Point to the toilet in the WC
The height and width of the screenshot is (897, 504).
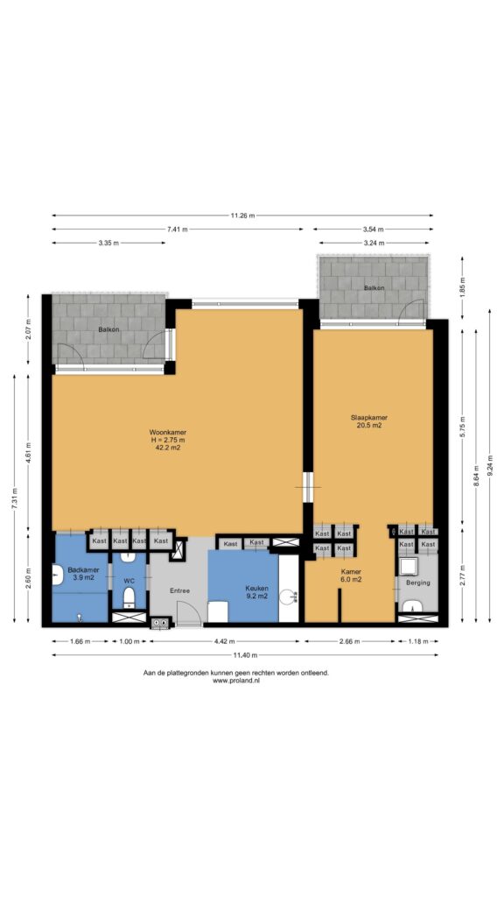129,597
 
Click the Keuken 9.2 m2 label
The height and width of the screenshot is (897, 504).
255,592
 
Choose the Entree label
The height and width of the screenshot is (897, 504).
178,590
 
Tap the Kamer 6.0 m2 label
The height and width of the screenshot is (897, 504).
350,575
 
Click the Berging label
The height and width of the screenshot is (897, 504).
417,583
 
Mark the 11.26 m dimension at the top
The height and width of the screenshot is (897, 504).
242,215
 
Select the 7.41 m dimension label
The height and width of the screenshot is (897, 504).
177,230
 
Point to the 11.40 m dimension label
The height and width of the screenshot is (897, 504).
245,655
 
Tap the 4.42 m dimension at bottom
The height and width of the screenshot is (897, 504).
224,641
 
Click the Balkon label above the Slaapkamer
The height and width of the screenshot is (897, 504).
374,287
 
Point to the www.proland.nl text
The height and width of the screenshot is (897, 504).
236,681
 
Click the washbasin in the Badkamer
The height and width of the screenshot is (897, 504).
57,575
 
